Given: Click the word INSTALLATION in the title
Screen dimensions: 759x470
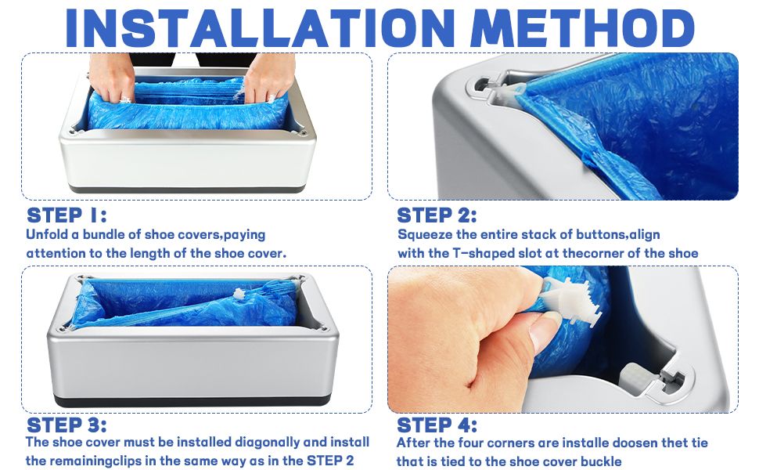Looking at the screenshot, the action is pyautogui.click(x=260, y=27).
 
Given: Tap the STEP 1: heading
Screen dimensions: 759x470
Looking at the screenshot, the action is pyautogui.click(x=67, y=215).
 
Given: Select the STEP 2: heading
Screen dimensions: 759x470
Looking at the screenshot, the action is pyautogui.click(x=437, y=215).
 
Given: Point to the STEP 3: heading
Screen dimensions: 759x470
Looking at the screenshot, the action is pyautogui.click(x=67, y=425).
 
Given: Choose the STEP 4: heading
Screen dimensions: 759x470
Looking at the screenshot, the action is pyautogui.click(x=437, y=425).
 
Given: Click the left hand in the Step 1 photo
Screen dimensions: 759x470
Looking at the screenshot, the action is pyautogui.click(x=112, y=77).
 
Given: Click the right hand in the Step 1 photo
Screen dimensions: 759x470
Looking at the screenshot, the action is pyautogui.click(x=269, y=77).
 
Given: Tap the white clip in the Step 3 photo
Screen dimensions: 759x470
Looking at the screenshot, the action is pyautogui.click(x=239, y=294).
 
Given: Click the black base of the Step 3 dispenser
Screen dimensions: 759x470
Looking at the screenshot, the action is pyautogui.click(x=192, y=401).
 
